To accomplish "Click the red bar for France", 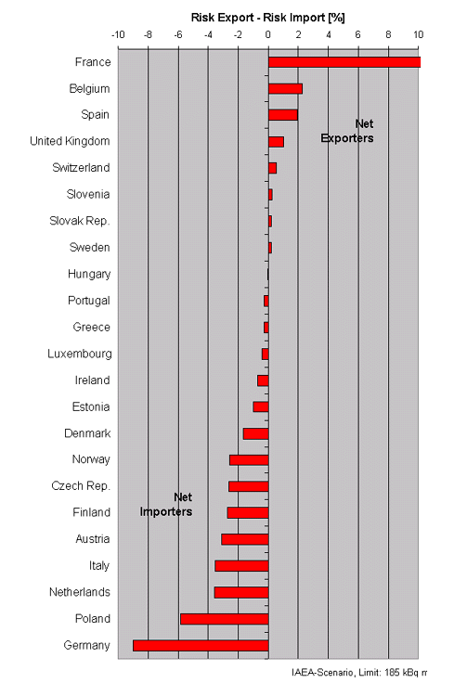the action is point(344,62).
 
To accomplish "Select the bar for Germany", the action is point(201,646).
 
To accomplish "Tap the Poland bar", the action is point(225,619).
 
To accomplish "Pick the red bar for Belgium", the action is point(285,89).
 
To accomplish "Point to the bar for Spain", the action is point(283,115).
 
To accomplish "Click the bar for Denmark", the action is point(255,434).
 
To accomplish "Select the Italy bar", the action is point(241,566).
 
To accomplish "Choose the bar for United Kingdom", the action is point(277,142).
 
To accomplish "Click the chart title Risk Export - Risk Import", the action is point(268,18).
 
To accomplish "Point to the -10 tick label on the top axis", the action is point(118,35).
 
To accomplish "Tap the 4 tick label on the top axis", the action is point(329,35).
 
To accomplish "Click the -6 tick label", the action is point(177,35).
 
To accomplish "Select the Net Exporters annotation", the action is point(347,131).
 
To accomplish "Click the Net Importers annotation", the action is point(166,505).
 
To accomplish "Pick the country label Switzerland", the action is point(81,168).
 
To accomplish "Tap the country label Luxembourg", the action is point(80,354).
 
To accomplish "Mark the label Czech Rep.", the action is point(81,485).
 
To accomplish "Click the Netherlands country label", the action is point(80,592).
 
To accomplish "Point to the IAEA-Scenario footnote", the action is point(359,673).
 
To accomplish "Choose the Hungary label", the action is point(89,275).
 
